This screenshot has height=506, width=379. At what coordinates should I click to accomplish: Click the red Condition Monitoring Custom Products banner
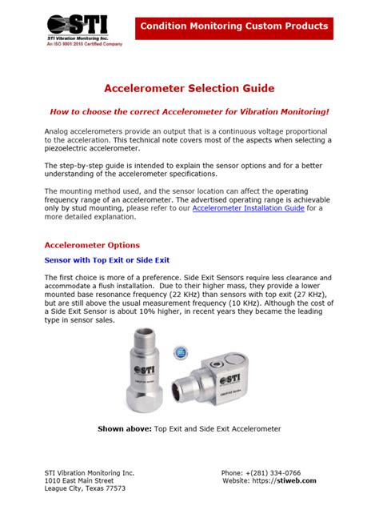234,26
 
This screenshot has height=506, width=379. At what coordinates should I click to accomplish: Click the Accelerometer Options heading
91,245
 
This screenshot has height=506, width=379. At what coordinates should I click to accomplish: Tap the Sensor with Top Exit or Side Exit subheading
106,261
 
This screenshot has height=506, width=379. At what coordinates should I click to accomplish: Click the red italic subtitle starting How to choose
189,113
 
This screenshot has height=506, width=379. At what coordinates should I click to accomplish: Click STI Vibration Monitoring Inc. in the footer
89,473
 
